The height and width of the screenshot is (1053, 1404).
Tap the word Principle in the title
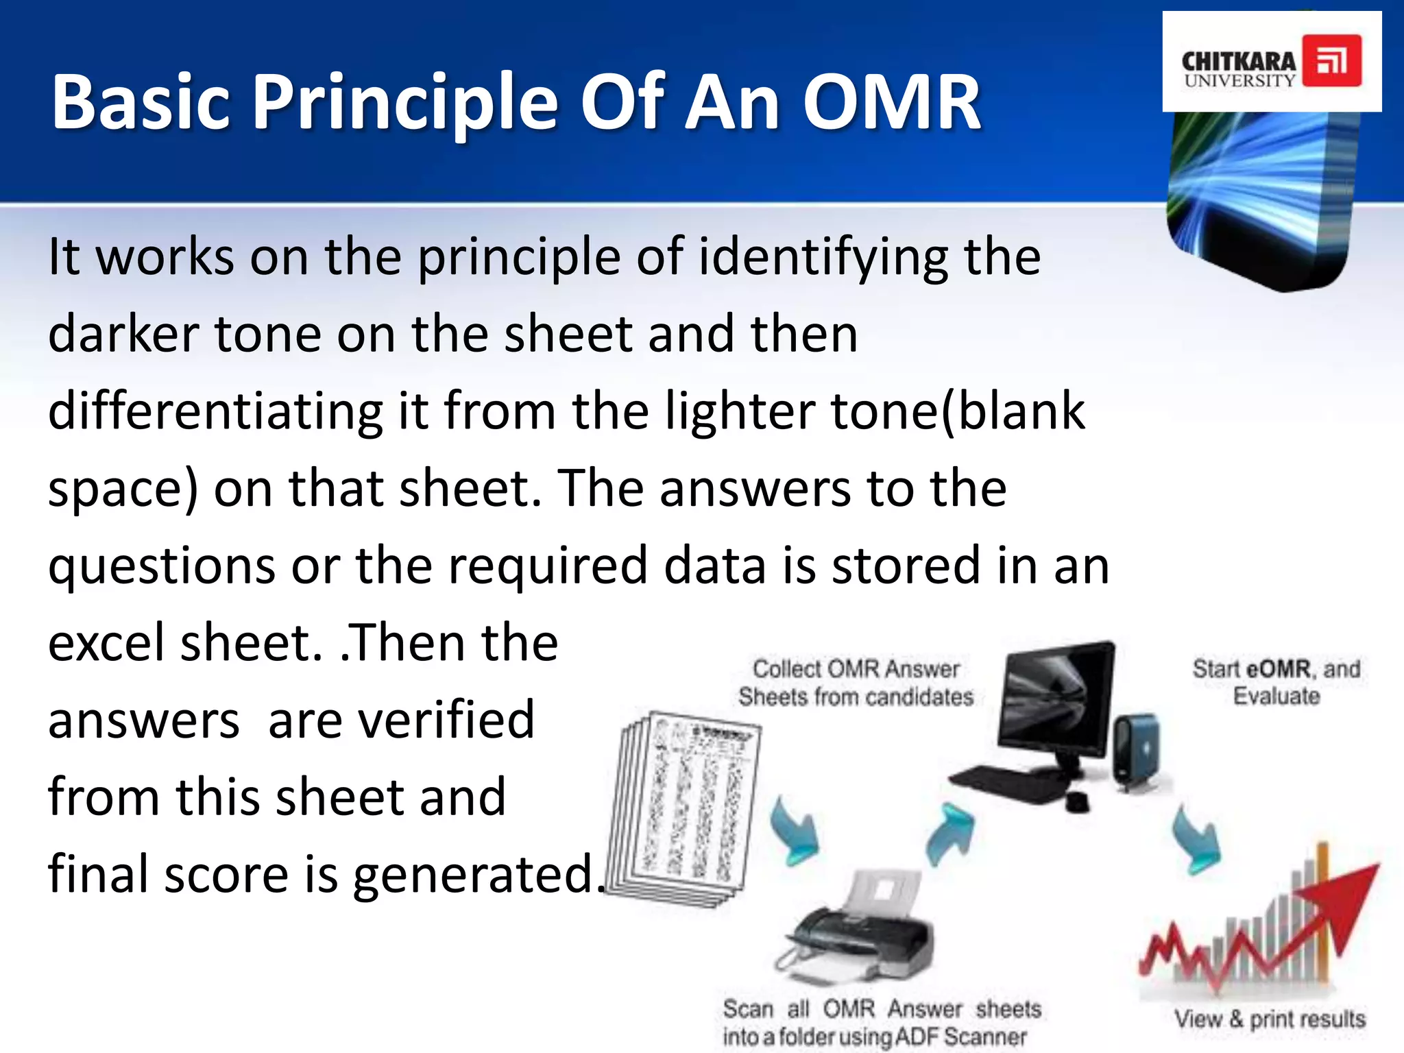[x=407, y=103]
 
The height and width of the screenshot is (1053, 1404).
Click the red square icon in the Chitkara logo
[x=1331, y=61]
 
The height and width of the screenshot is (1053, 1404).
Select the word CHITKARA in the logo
[x=1238, y=60]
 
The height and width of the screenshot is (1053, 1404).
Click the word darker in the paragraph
[x=123, y=335]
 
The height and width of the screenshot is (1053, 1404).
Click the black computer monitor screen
[x=1056, y=699]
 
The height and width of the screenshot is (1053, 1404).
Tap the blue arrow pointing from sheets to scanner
[x=795, y=833]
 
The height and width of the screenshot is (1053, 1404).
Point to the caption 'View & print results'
[x=1269, y=1019]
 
